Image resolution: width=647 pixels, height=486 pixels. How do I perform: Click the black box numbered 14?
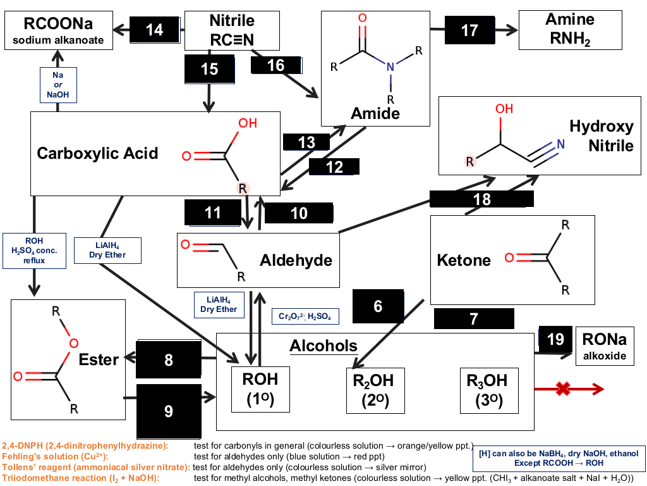(x=155, y=29)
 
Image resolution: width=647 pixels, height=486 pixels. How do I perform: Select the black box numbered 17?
(x=469, y=30)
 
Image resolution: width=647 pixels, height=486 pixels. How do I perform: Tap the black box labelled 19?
(x=555, y=339)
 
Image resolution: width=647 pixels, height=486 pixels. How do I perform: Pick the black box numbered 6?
(x=378, y=306)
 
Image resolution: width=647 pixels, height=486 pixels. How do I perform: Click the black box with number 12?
(x=334, y=166)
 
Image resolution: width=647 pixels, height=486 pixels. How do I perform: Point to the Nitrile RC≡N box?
(x=232, y=30)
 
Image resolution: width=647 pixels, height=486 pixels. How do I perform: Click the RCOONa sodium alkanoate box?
(x=59, y=30)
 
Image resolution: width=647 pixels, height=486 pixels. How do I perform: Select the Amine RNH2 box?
(x=571, y=30)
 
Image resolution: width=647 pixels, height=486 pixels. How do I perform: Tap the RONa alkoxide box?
(x=605, y=346)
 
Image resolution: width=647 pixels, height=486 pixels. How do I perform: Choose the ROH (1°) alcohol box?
(x=260, y=389)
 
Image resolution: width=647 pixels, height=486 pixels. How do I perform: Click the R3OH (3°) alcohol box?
(x=489, y=390)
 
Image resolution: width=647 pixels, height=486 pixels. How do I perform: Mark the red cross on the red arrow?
(x=563, y=389)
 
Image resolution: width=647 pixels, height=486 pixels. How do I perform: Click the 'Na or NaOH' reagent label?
(x=58, y=85)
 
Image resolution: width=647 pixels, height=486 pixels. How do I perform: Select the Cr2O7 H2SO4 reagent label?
(x=305, y=316)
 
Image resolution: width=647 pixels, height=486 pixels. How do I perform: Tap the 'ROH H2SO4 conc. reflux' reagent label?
(x=34, y=251)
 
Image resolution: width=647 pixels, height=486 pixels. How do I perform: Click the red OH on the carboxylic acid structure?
(x=248, y=123)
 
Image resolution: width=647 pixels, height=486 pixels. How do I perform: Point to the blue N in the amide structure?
(x=390, y=66)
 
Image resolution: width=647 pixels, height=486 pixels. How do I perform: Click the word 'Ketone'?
(x=464, y=260)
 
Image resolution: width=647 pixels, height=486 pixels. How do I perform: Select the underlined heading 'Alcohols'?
(x=323, y=346)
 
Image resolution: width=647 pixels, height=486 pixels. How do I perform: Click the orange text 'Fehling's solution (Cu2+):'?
(x=55, y=457)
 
